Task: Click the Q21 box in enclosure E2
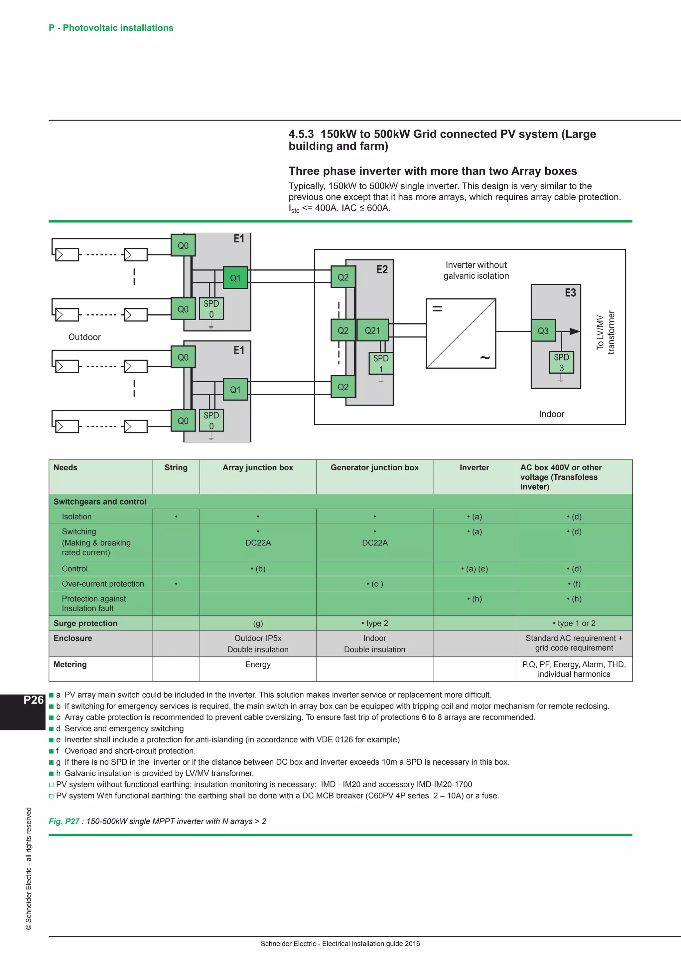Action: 372,331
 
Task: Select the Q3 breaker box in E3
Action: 543,331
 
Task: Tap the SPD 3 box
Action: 561,362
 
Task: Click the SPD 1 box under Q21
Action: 381,363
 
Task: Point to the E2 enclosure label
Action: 382,269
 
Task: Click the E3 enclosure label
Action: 570,292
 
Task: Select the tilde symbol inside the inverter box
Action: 485,357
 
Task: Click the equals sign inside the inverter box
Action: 437,309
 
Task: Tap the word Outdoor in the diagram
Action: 85,337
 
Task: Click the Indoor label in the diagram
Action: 551,414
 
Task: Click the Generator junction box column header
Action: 374,468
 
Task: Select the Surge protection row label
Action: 85,623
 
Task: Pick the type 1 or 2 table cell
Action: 574,623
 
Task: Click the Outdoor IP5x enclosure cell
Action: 258,638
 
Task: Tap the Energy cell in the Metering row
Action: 258,664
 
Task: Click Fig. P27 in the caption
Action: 64,821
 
